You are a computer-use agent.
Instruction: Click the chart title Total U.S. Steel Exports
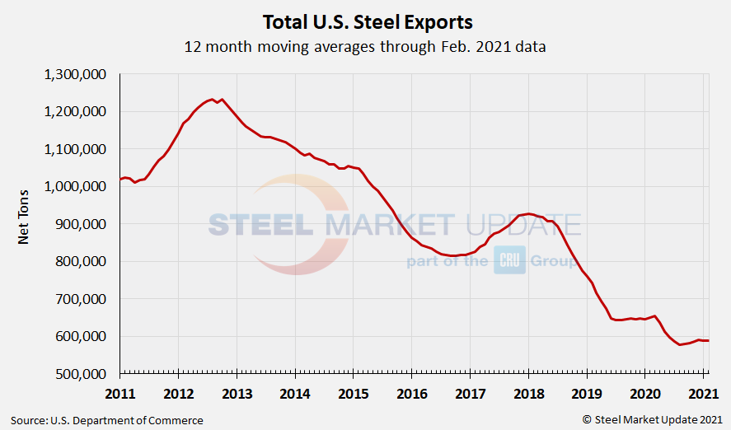[x=367, y=21]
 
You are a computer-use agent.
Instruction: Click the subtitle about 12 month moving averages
[x=365, y=47]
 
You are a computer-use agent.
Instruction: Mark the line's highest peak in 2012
[x=212, y=99]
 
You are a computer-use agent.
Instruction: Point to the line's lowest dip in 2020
[x=680, y=344]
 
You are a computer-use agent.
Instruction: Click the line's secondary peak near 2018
[x=529, y=213]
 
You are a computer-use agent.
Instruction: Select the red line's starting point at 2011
[x=120, y=179]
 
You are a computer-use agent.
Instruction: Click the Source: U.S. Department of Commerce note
[x=106, y=420]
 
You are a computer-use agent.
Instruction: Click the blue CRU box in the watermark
[x=508, y=262]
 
